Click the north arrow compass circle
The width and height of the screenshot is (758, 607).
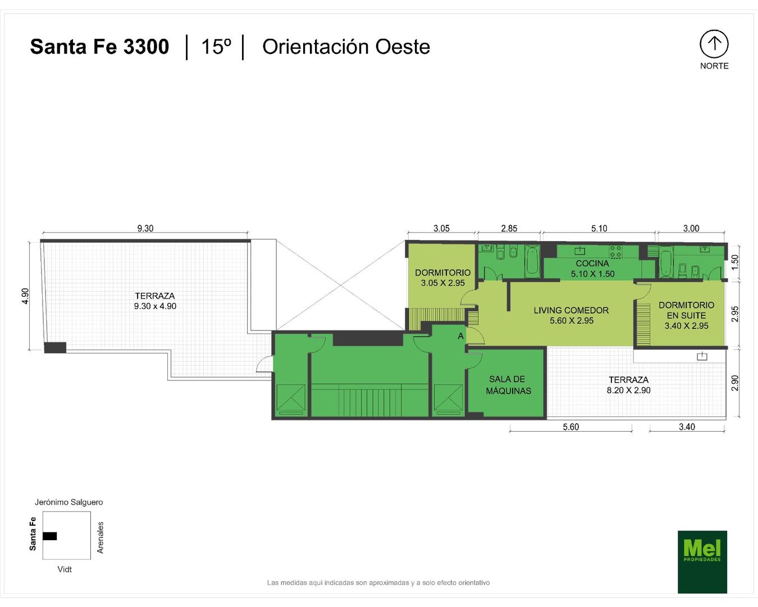tap(714, 44)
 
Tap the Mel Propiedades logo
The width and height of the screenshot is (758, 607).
tap(702, 561)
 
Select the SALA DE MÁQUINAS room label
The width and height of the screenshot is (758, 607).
tap(508, 385)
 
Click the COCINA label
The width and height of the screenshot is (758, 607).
tap(592, 263)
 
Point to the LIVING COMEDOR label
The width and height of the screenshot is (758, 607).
tap(571, 310)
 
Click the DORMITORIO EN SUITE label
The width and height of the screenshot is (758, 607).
tap(686, 310)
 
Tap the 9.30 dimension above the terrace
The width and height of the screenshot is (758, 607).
tap(145, 228)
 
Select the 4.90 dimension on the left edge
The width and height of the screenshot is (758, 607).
tap(25, 296)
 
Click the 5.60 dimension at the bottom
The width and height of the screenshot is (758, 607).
tap(570, 427)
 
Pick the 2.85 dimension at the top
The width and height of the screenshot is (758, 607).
tap(509, 228)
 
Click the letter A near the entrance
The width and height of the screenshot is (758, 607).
tap(460, 337)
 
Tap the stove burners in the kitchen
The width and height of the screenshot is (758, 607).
tap(616, 251)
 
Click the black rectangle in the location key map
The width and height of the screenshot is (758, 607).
tap(49, 536)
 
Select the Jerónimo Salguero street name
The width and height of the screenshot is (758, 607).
tap(69, 502)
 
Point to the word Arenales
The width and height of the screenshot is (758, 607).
tap(100, 537)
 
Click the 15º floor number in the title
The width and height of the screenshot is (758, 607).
tap(216, 47)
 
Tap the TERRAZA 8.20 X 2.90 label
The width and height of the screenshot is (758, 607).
tap(628, 385)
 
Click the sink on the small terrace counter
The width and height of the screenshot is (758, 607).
tap(702, 356)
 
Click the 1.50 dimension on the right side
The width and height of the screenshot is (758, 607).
tap(735, 262)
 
